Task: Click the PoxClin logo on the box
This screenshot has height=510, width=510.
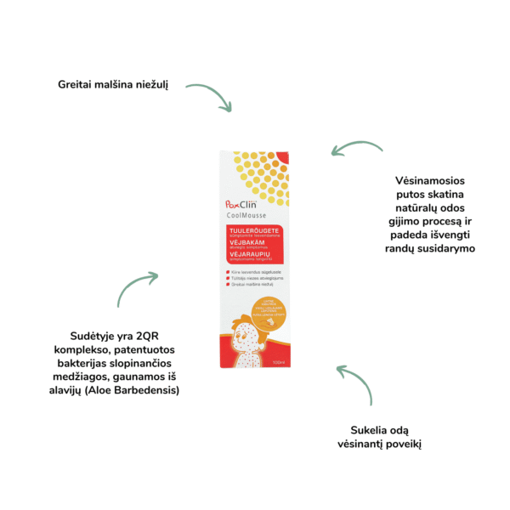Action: [x=241, y=207]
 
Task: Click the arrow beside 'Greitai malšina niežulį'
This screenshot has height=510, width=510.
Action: [x=209, y=96]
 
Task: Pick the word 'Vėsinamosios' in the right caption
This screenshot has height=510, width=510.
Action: [x=426, y=181]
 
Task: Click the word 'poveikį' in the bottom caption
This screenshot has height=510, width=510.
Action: [x=399, y=444]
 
